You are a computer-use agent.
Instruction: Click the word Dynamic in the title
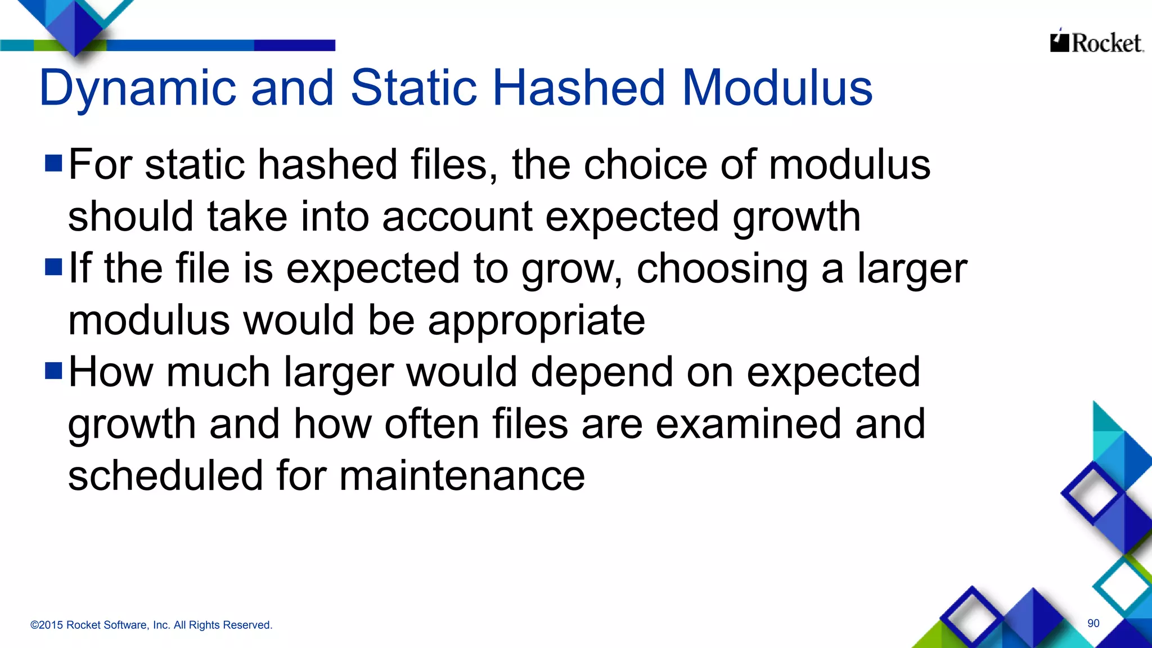point(138,89)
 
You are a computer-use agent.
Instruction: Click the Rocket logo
point(1096,42)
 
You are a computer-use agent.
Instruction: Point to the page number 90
point(1093,623)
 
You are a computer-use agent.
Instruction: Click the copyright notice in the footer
point(151,625)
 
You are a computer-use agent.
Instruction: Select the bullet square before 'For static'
point(53,163)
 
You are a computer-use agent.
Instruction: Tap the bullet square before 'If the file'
point(53,267)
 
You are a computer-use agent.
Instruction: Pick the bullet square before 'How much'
point(53,371)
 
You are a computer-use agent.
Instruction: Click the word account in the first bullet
point(457,217)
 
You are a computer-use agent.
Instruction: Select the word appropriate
point(536,321)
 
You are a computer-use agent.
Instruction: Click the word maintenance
point(462,475)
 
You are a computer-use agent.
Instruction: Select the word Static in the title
point(413,88)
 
